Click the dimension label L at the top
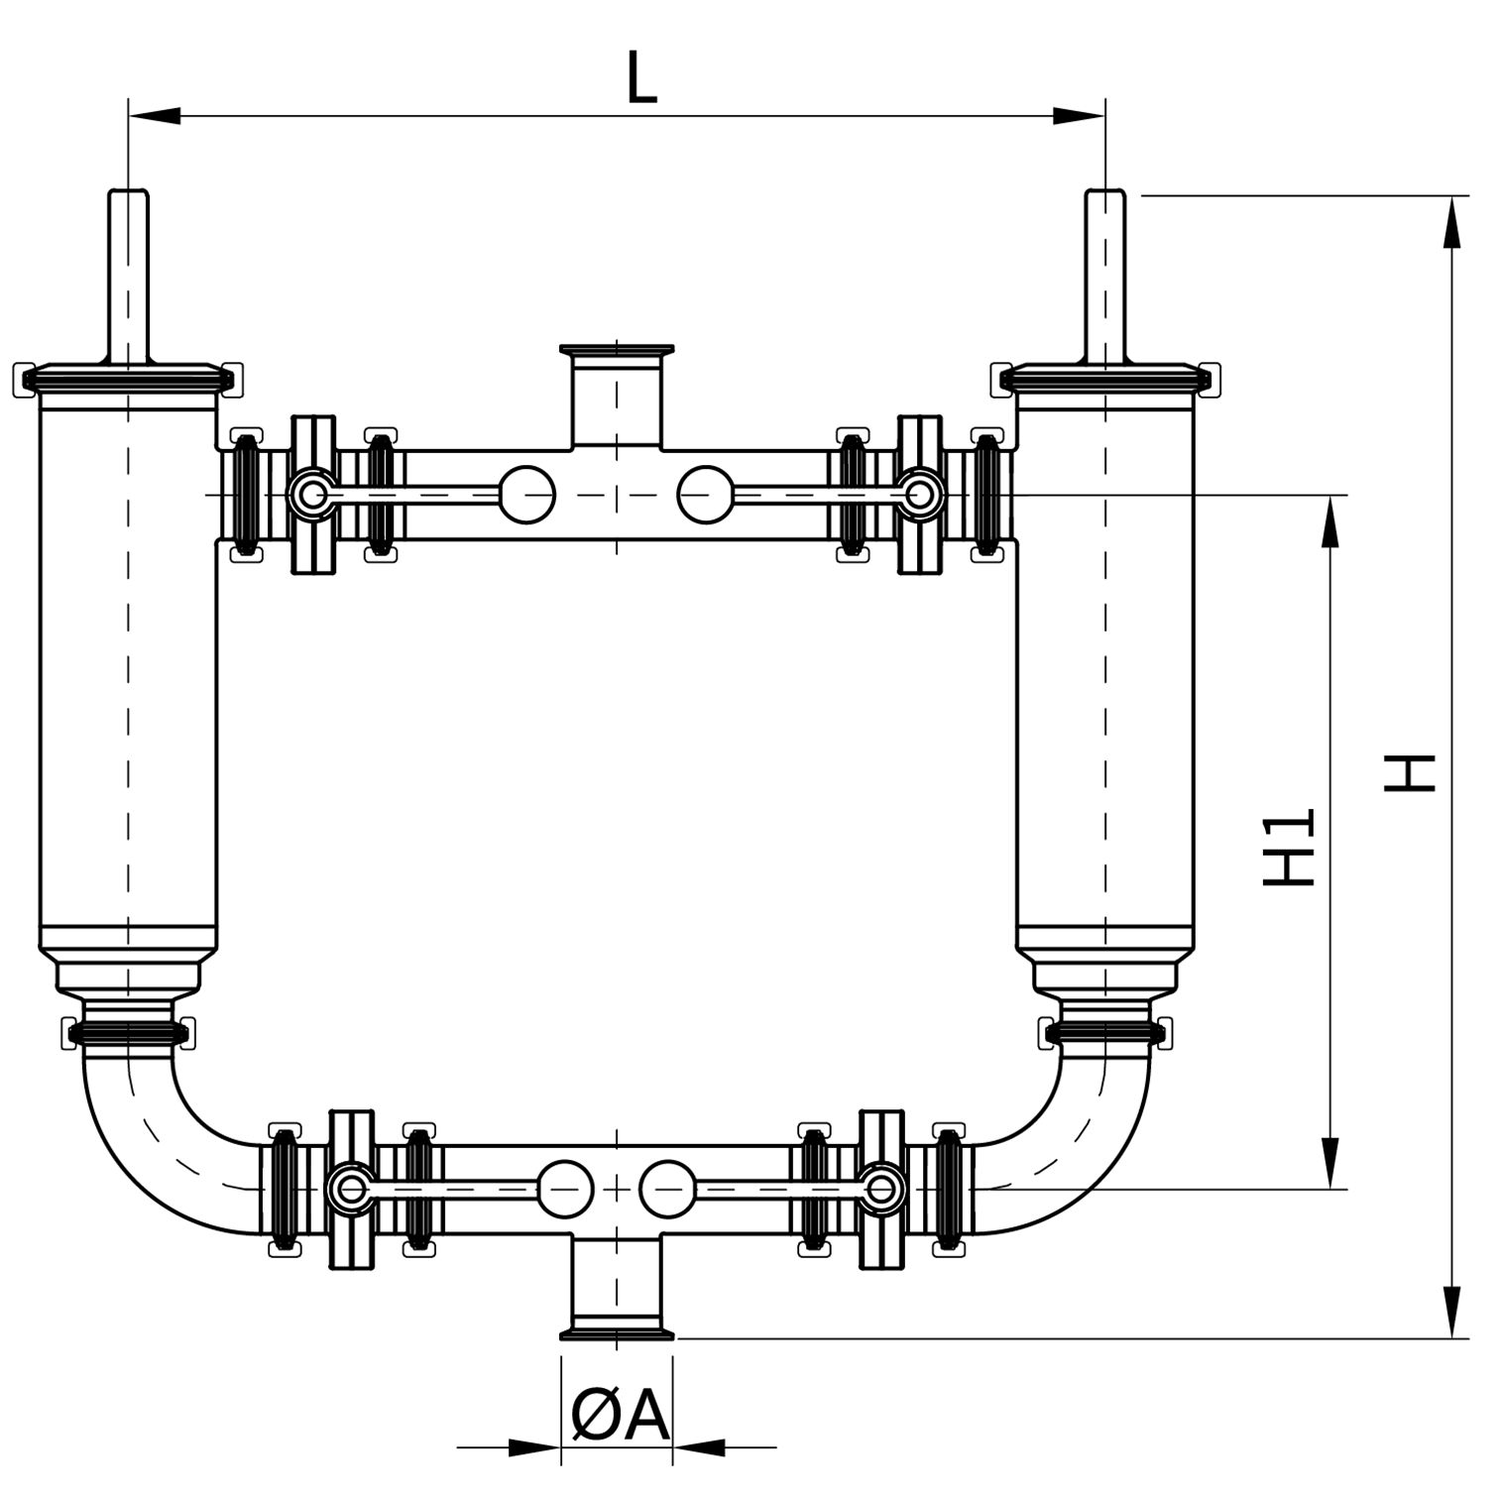641,77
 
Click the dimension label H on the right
1410,772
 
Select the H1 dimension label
1289,847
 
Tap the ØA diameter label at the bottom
620,1415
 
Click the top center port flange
617,350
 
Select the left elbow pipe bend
149,1150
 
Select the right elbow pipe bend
1086,1150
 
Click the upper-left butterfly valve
313,494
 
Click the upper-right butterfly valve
920,494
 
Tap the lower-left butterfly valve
351,1189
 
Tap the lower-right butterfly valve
881,1189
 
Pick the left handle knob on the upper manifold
526,494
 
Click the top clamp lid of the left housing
128,378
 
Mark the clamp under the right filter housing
1104,1033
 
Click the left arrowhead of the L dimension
154,116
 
